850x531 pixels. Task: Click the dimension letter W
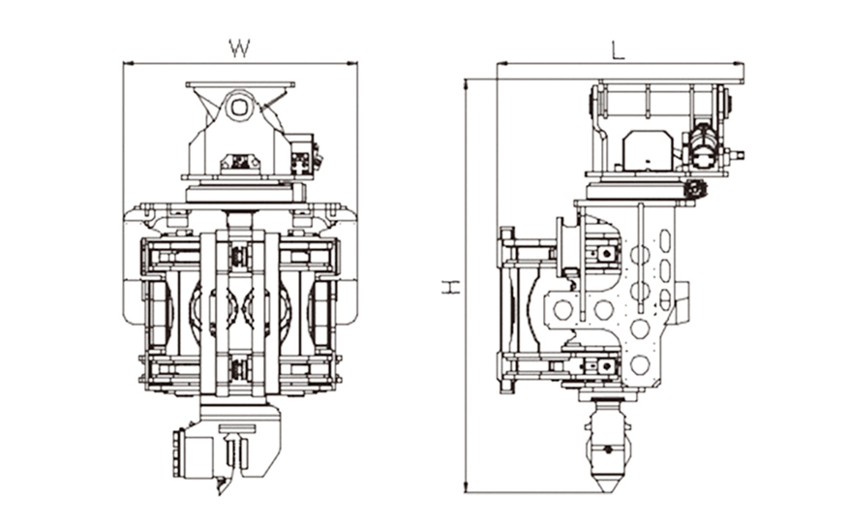[239, 47]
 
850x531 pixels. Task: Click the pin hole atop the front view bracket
[240, 108]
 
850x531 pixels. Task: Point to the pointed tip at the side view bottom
[607, 484]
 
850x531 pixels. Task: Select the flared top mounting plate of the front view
[240, 86]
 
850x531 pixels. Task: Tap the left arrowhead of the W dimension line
[127, 64]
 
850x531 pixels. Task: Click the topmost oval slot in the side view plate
[665, 239]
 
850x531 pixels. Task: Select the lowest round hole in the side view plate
[640, 364]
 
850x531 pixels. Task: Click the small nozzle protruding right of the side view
[738, 153]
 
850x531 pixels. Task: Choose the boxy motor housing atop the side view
[647, 149]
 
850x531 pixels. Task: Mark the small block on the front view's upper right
[304, 156]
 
